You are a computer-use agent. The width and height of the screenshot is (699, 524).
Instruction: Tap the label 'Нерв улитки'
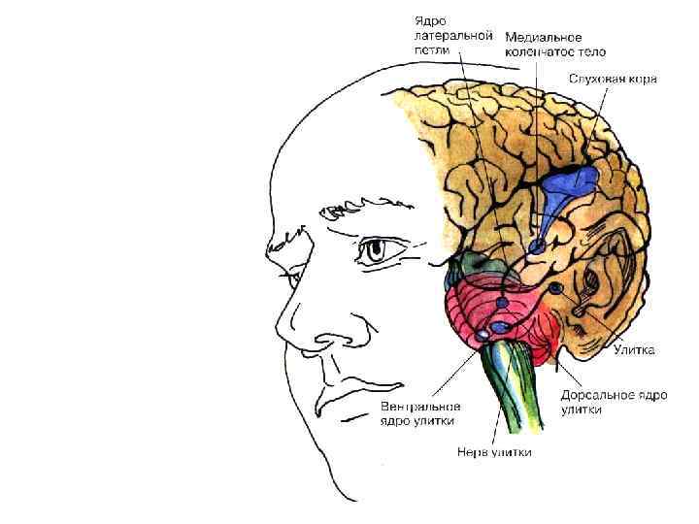coord(494,452)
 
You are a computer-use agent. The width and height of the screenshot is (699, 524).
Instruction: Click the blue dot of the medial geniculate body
coord(537,246)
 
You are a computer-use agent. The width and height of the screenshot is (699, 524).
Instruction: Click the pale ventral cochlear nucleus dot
coord(483,336)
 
